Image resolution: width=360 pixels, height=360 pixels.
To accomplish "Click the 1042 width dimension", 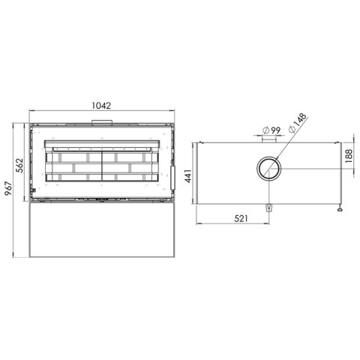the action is click(x=101, y=106).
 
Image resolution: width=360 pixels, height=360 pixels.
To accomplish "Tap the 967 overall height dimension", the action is click(x=8, y=189).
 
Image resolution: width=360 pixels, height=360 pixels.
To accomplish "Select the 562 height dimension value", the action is click(x=19, y=166).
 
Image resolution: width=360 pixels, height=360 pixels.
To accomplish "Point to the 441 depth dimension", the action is click(x=188, y=175).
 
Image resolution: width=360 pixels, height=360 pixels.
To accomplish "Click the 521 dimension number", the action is click(x=241, y=218).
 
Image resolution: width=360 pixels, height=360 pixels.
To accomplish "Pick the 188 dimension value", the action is click(x=349, y=156).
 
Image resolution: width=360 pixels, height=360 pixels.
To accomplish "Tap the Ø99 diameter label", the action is click(x=271, y=130).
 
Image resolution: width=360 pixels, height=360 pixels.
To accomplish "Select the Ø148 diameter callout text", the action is click(x=297, y=123).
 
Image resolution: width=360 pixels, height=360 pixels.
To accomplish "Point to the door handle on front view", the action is click(x=172, y=178).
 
